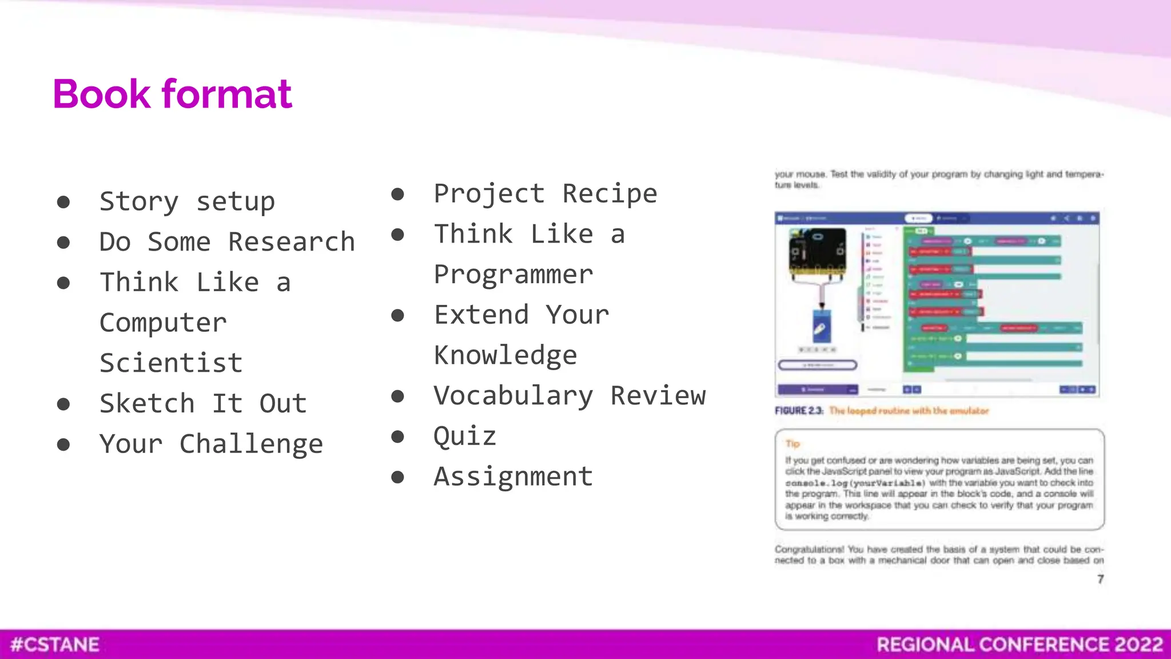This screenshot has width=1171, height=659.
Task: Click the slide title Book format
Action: [x=172, y=94]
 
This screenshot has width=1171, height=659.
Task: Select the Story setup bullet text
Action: [x=187, y=201]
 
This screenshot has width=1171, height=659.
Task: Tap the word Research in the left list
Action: [x=291, y=242]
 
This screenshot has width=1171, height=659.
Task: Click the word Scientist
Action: [x=171, y=363]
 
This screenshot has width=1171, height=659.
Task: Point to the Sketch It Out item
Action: [x=203, y=403]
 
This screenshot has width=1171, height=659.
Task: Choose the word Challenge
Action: [x=251, y=444]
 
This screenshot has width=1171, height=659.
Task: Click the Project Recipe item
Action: [x=545, y=193]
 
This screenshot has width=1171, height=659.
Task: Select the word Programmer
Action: [x=513, y=275]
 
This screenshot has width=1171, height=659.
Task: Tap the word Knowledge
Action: [x=505, y=355]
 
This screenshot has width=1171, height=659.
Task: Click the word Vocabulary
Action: [x=513, y=396]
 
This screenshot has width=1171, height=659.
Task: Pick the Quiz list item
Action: [x=464, y=436]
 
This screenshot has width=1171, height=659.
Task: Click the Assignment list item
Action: [x=513, y=477]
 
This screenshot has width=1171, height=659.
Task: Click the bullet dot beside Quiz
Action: [x=397, y=437]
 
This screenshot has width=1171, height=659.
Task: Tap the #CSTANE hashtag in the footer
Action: [x=55, y=645]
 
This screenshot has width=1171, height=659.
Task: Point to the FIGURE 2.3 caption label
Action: [x=799, y=411]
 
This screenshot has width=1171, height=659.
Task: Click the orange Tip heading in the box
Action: [x=792, y=443]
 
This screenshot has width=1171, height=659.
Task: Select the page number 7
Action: [x=1100, y=579]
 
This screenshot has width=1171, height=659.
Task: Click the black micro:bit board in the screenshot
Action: [x=817, y=252]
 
